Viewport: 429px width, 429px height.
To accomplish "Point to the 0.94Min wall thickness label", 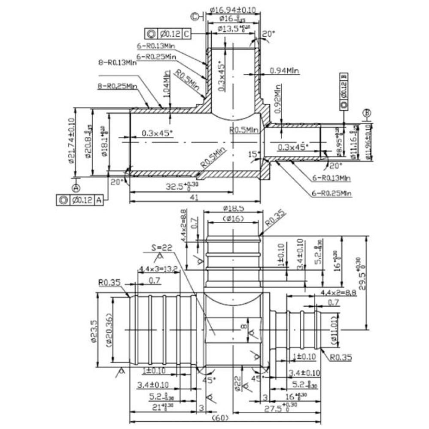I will pos(284,70).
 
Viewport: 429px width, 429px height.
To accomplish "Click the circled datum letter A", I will pos(76,187).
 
